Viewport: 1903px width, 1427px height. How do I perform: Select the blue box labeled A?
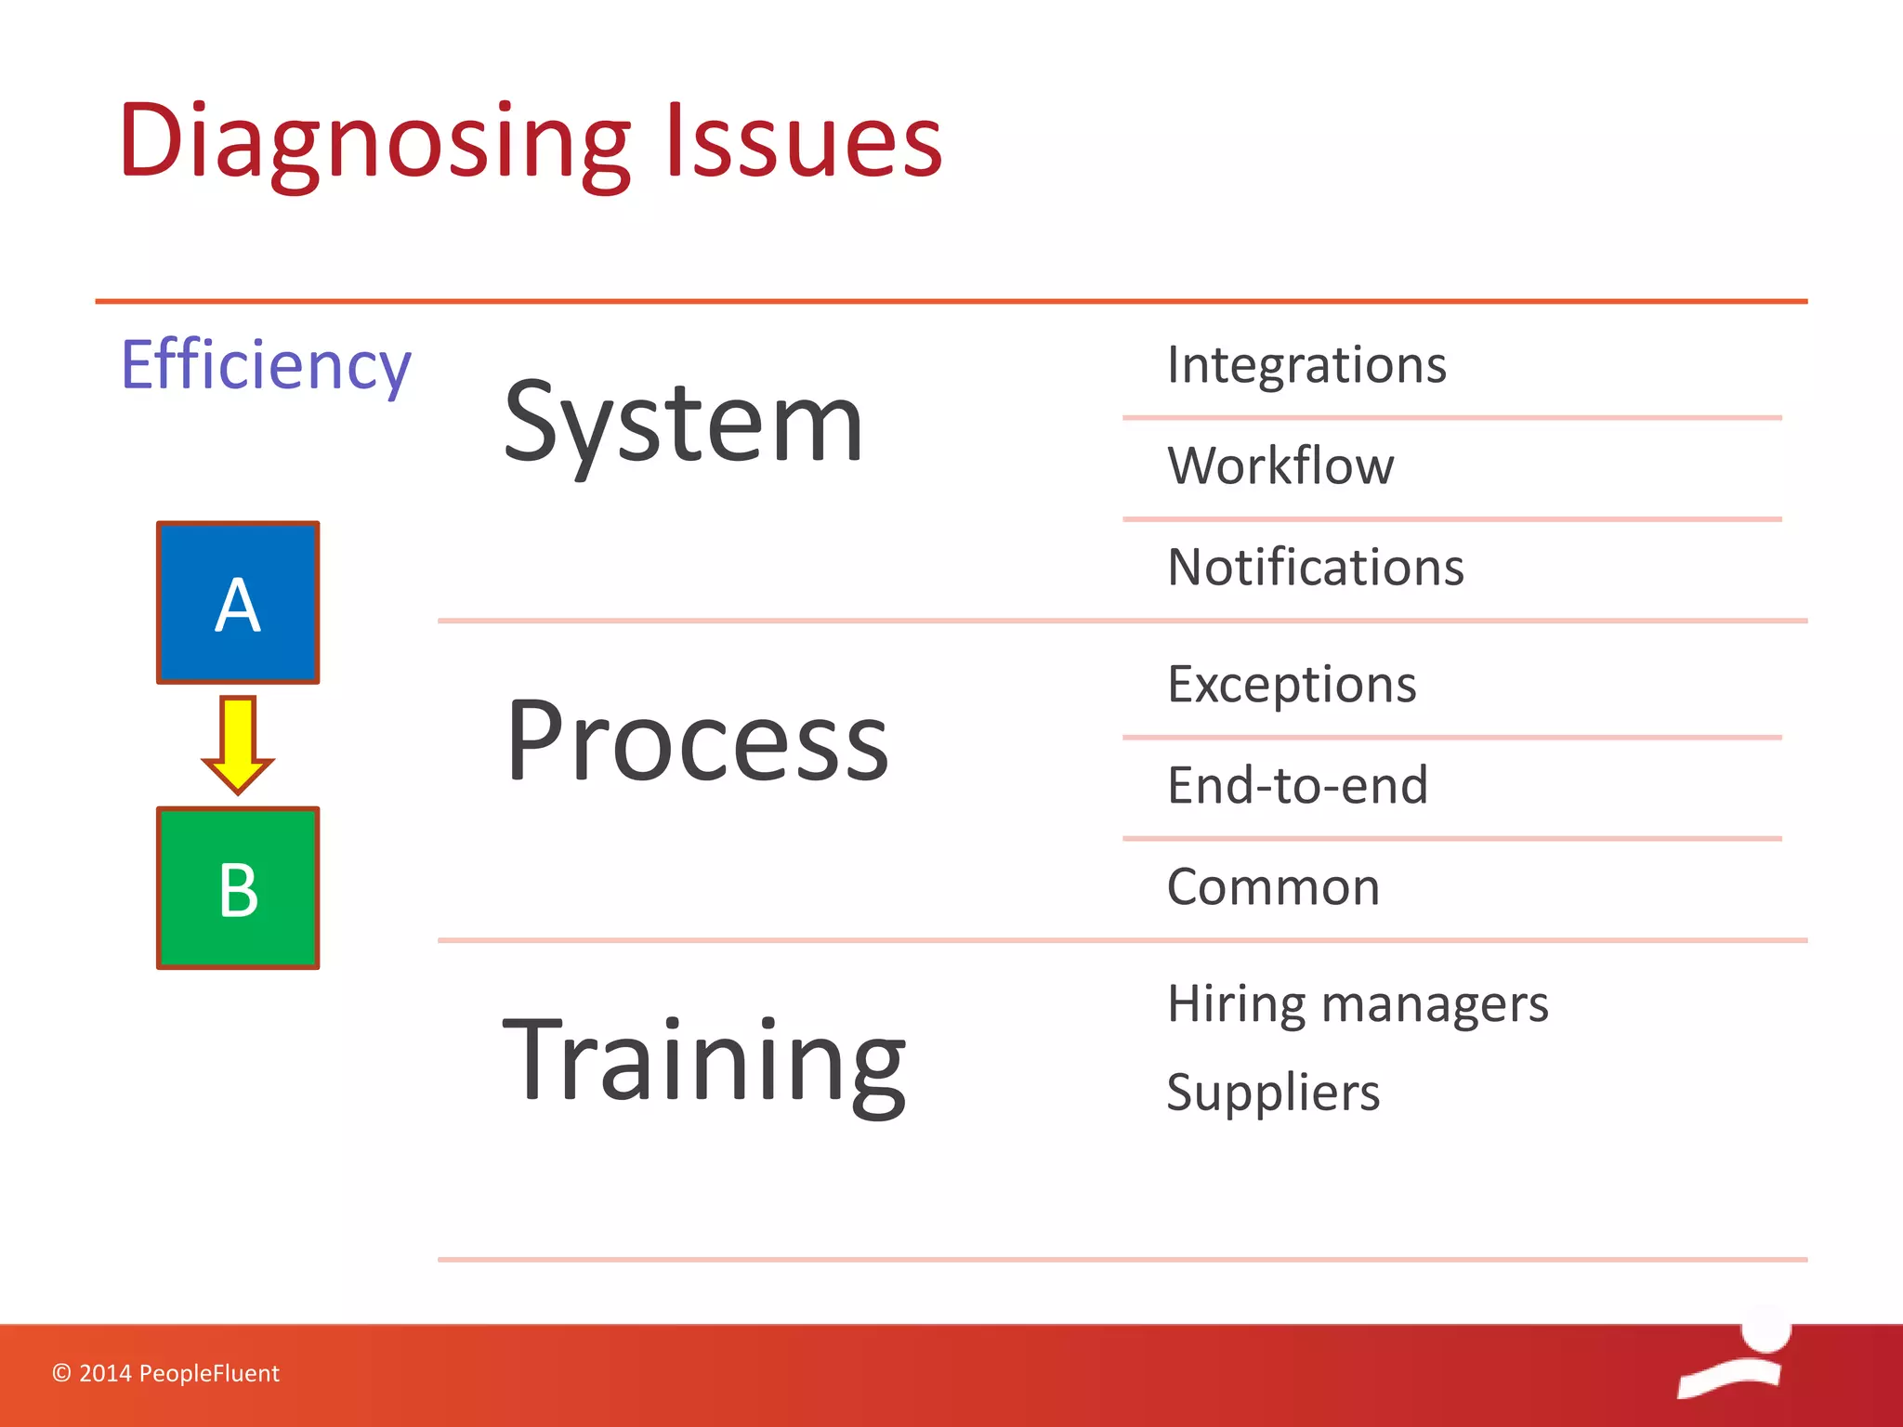(x=238, y=603)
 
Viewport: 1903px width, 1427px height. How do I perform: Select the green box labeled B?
(x=238, y=888)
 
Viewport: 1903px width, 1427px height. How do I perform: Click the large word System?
(x=683, y=424)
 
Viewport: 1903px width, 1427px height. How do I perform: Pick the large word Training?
(x=703, y=1060)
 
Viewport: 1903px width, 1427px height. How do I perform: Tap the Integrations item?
(x=1306, y=364)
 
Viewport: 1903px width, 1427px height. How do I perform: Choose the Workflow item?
(x=1280, y=465)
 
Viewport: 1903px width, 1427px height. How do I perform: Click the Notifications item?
(x=1315, y=567)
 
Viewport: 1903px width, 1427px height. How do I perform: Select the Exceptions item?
(x=1292, y=685)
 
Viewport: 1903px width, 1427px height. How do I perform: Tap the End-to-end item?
(x=1297, y=785)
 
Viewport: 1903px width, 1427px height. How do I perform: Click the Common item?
(x=1273, y=886)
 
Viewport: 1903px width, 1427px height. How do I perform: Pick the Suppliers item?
(x=1273, y=1093)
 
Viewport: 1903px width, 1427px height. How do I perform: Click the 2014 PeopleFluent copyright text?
(x=165, y=1373)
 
